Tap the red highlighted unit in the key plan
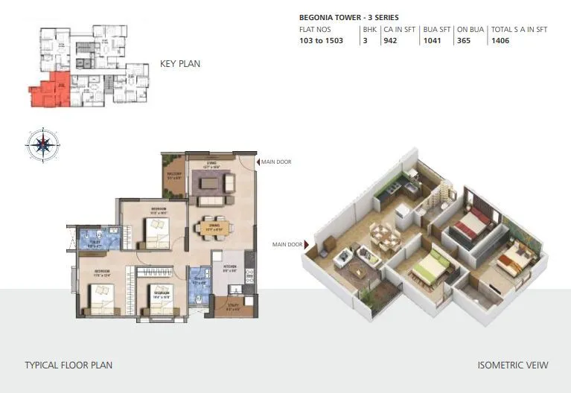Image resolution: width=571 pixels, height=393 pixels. [48, 92]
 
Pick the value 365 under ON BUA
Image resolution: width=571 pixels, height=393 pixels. [465, 40]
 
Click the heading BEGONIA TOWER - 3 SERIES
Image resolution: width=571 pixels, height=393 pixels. [348, 16]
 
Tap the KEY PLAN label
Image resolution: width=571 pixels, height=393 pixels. [180, 64]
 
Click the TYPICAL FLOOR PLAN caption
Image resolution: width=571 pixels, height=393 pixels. [68, 365]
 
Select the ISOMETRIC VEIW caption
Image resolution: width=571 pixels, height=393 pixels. [512, 365]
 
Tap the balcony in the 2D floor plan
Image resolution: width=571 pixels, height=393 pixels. [173, 179]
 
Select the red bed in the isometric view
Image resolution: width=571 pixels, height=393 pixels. [474, 223]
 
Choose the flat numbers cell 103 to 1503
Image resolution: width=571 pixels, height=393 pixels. [321, 40]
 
